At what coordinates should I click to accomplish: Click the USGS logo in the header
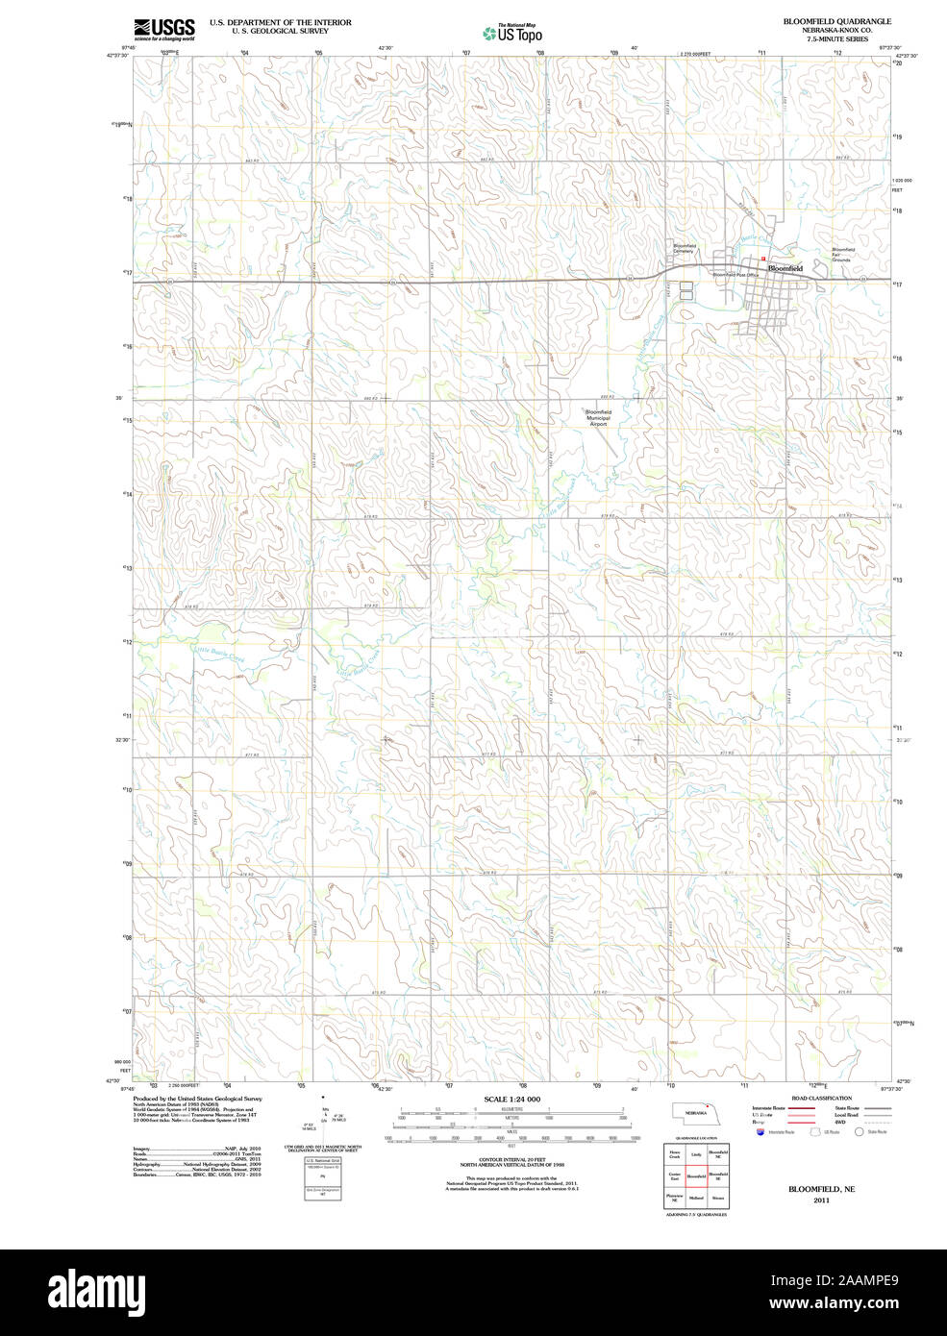click(164, 28)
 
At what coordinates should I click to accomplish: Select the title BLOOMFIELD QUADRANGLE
click(836, 21)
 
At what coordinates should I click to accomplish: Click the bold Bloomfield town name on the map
click(785, 268)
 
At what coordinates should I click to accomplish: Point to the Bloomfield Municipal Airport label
click(598, 418)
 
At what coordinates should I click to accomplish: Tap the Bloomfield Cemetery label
click(684, 249)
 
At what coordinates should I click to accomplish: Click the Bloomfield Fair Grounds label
click(842, 255)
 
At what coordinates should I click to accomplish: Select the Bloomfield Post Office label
click(735, 275)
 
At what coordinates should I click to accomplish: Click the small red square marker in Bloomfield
click(763, 259)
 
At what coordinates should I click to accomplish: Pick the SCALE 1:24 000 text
click(511, 1100)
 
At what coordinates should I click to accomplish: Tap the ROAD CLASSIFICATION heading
click(821, 1098)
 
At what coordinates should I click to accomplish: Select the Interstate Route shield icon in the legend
click(761, 1132)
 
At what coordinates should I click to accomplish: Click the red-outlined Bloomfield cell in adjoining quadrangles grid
click(696, 1175)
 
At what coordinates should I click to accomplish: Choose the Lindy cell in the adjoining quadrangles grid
click(696, 1152)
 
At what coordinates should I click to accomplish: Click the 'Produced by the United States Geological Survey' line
click(197, 1099)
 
